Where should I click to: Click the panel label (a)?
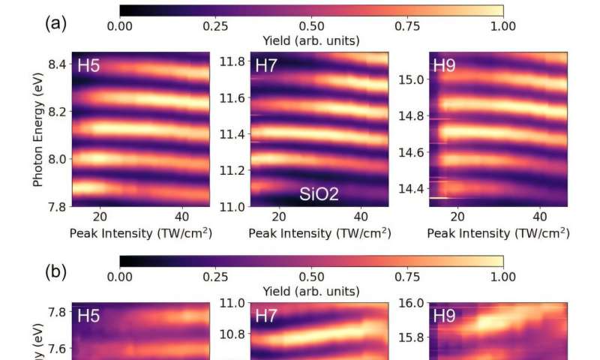tap(56, 23)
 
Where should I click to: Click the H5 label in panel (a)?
tap(88, 65)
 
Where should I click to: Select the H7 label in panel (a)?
tap(266, 65)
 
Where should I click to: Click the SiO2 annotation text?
tap(319, 195)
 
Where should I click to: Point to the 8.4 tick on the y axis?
tap(55, 64)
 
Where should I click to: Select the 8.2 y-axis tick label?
tap(55, 111)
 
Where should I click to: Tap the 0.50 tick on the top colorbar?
tap(311, 26)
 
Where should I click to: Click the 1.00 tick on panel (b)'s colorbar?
tap(502, 276)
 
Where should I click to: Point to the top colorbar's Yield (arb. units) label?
tap(311, 40)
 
